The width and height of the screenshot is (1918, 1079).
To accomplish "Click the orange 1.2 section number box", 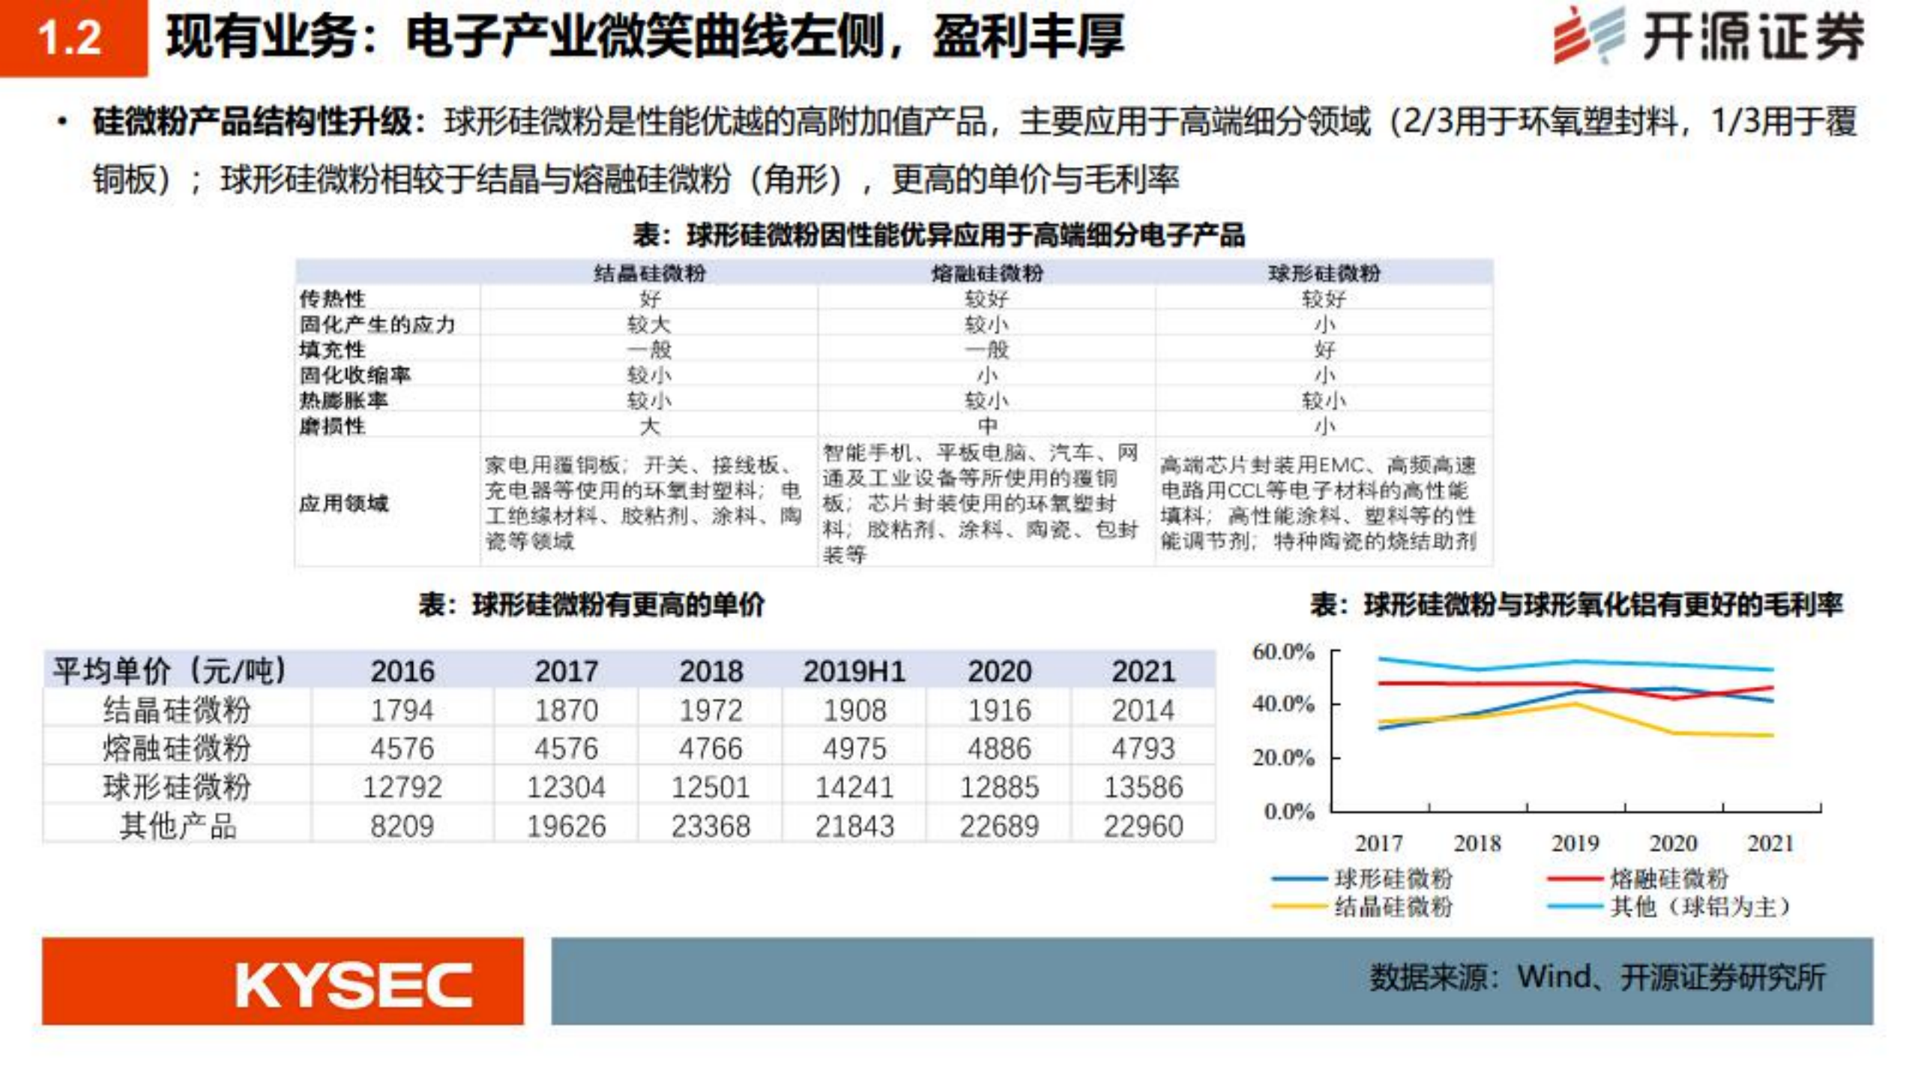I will [72, 37].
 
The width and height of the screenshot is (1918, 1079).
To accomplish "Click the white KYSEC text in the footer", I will [353, 985].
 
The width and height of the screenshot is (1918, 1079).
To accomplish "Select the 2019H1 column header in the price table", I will [854, 671].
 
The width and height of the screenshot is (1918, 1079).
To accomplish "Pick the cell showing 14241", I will [854, 787].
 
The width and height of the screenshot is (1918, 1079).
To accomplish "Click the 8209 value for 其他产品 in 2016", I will [402, 826].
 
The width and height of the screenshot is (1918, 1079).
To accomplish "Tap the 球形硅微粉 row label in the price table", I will [177, 787].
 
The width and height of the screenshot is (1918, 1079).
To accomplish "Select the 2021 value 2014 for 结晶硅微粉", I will [1142, 710].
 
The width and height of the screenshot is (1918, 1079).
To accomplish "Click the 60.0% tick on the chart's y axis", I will [1282, 652].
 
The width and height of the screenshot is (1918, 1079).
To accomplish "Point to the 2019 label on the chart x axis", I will [1575, 843].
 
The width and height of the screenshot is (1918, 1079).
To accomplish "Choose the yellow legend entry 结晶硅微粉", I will [1393, 907].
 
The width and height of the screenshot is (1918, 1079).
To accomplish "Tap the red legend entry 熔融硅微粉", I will [1668, 878].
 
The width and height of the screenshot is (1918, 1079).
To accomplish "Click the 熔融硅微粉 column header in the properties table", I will [986, 273].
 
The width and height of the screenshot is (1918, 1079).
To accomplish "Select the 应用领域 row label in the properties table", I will [343, 503].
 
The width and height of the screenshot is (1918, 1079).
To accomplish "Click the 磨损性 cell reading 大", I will [649, 426].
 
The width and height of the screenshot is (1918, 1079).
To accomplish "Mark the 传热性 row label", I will [332, 298].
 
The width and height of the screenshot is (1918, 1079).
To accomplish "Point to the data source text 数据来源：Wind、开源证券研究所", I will [1597, 978].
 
